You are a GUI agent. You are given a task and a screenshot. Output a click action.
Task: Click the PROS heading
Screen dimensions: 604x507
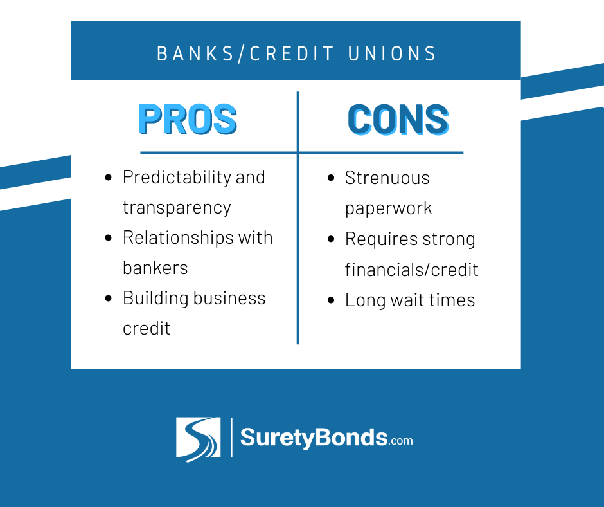pyautogui.click(x=188, y=119)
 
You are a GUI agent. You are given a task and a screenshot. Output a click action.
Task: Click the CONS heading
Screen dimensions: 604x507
pyautogui.click(x=398, y=119)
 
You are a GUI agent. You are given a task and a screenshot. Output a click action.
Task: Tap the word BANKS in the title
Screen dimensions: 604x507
pyautogui.click(x=195, y=53)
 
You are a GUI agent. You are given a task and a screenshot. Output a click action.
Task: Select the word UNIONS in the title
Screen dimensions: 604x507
pyautogui.click(x=392, y=53)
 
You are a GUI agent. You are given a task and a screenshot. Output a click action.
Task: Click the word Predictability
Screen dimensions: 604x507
pyautogui.click(x=177, y=178)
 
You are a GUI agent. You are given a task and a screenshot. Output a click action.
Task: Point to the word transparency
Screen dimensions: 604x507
pyautogui.click(x=177, y=208)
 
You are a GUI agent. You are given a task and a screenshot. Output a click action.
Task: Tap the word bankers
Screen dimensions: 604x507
pyautogui.click(x=155, y=268)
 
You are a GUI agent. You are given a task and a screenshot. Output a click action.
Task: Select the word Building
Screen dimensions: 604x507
pyautogui.click(x=155, y=299)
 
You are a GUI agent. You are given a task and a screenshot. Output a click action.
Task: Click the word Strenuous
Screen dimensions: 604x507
pyautogui.click(x=387, y=178)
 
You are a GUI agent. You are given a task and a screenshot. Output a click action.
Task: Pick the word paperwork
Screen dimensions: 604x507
pyautogui.click(x=388, y=208)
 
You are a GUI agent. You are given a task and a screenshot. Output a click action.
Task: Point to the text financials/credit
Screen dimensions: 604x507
pyautogui.click(x=411, y=270)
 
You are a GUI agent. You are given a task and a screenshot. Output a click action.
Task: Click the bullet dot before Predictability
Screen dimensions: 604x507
pyautogui.click(x=108, y=178)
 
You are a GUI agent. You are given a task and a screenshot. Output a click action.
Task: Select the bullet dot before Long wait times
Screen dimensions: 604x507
pyautogui.click(x=330, y=300)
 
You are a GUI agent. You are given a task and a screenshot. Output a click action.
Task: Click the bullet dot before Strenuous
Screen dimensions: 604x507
pyautogui.click(x=330, y=178)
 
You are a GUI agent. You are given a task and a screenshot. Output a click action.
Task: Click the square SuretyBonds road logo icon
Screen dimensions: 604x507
pyautogui.click(x=199, y=439)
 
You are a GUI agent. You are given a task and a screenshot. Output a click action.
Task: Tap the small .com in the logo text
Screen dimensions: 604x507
pyautogui.click(x=400, y=441)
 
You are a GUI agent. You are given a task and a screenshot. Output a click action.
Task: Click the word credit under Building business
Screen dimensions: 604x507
pyautogui.click(x=147, y=329)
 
